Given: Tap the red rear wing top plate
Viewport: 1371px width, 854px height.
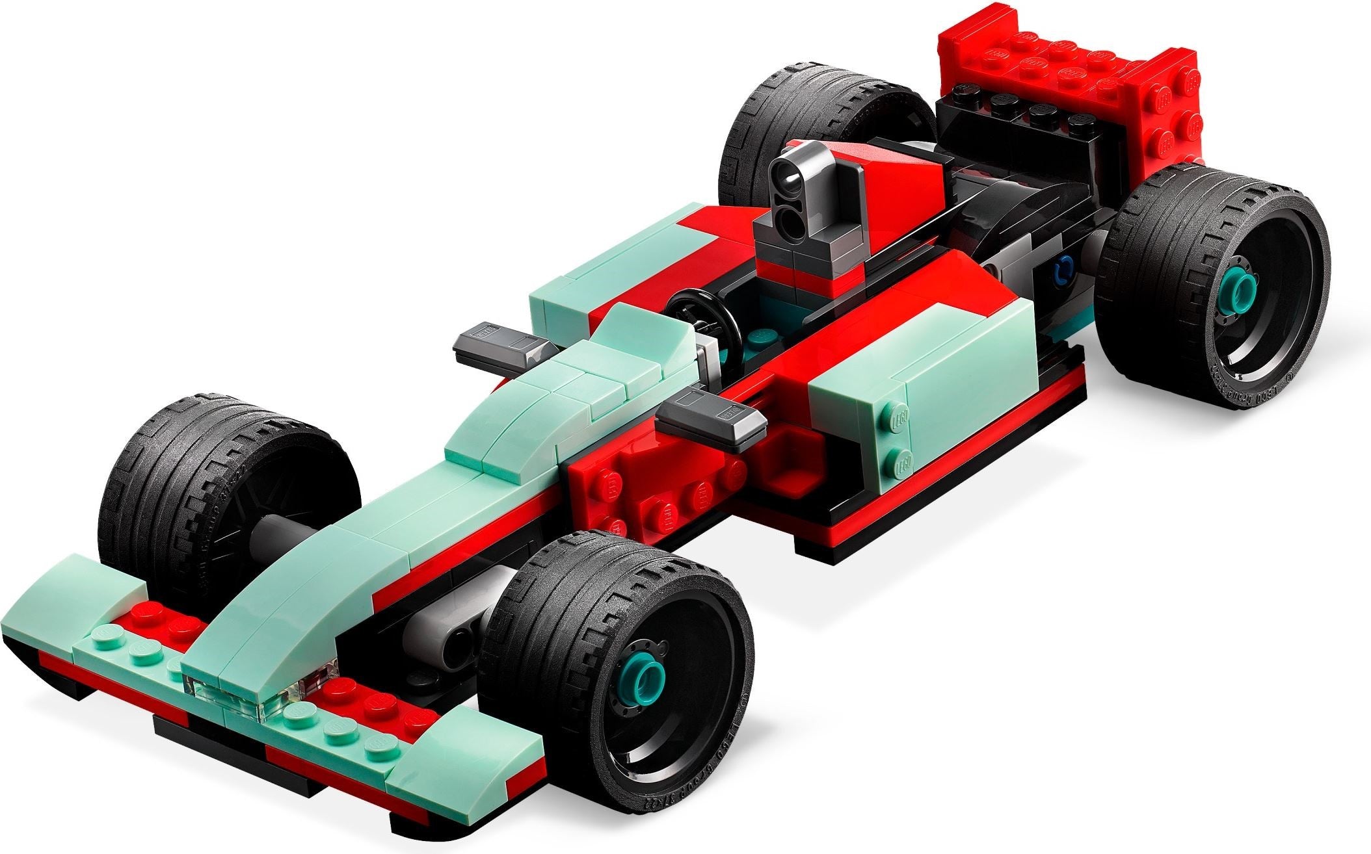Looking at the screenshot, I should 1067,58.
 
